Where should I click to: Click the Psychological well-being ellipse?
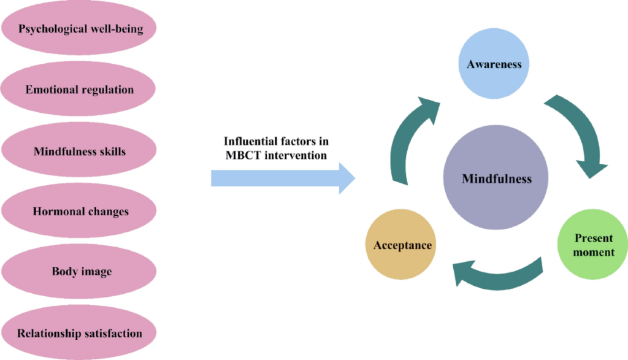(80, 29)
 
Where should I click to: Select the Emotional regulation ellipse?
(80, 90)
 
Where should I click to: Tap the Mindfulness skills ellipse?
(80, 150)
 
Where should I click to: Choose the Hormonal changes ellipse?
(80, 212)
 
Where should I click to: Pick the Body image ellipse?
(80, 272)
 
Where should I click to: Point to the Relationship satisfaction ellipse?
(80, 334)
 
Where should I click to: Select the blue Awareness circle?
(494, 64)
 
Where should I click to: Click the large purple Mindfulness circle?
(497, 179)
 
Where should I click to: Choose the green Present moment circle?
(594, 245)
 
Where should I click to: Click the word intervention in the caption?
(296, 155)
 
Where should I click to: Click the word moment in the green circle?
(594, 252)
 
